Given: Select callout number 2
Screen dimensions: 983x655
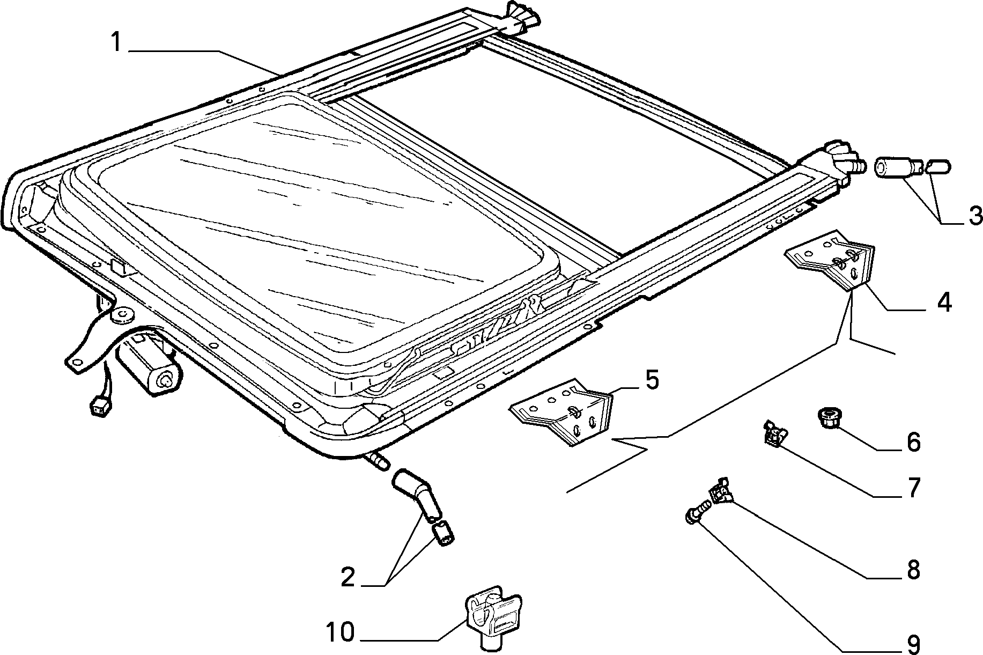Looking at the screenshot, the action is coord(348,577).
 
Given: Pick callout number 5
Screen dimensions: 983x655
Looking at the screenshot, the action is coord(651,379).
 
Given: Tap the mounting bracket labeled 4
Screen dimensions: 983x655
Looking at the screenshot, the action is coord(830,260).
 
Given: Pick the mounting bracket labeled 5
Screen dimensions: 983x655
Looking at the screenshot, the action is coord(561,410).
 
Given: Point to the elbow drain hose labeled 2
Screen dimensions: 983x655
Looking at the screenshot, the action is coord(417,495).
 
